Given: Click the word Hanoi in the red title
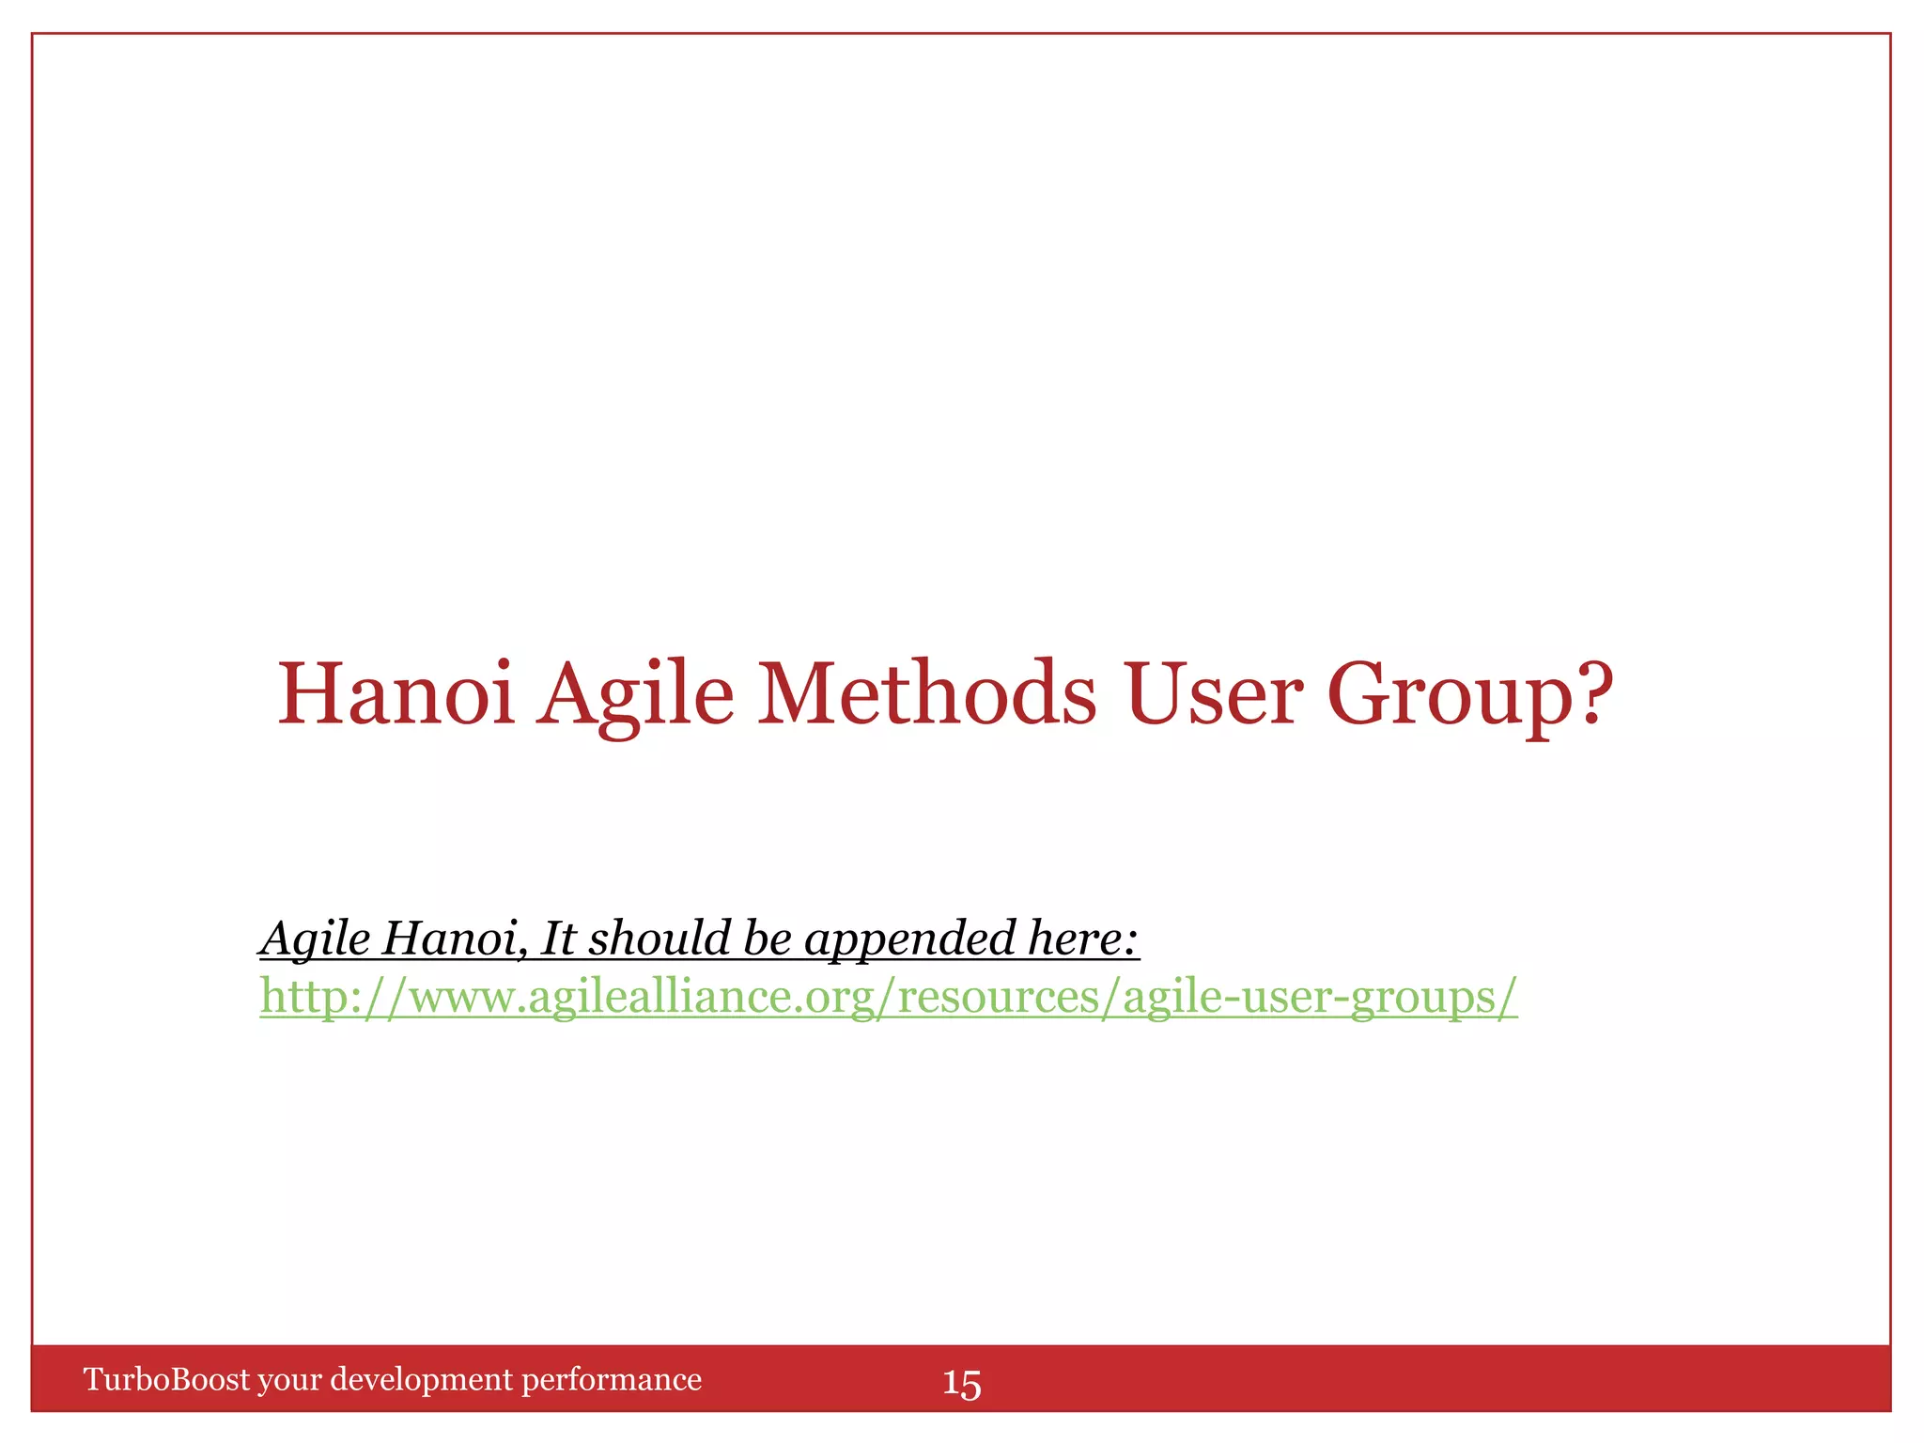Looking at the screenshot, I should click(x=396, y=694).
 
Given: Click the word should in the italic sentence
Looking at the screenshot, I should click(x=659, y=939).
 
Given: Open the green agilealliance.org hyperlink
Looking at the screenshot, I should click(x=888, y=997).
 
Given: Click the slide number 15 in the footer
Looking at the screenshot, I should click(x=961, y=1384).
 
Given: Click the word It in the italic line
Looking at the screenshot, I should click(x=558, y=939).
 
